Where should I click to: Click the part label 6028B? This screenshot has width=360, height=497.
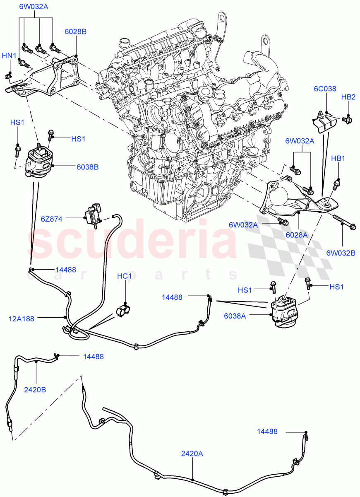(x=75, y=31)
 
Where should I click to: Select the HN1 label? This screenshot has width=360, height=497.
(x=9, y=55)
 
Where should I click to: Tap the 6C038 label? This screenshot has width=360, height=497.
(x=325, y=89)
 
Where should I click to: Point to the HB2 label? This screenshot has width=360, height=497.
(x=348, y=97)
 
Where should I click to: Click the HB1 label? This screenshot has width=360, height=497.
(x=338, y=159)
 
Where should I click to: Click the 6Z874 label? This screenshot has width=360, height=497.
(x=52, y=219)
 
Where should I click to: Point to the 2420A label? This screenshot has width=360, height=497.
(x=192, y=454)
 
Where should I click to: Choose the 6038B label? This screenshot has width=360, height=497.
(x=87, y=167)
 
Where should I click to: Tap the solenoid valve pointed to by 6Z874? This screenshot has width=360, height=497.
(x=94, y=213)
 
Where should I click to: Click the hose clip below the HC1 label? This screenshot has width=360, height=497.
(x=122, y=309)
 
